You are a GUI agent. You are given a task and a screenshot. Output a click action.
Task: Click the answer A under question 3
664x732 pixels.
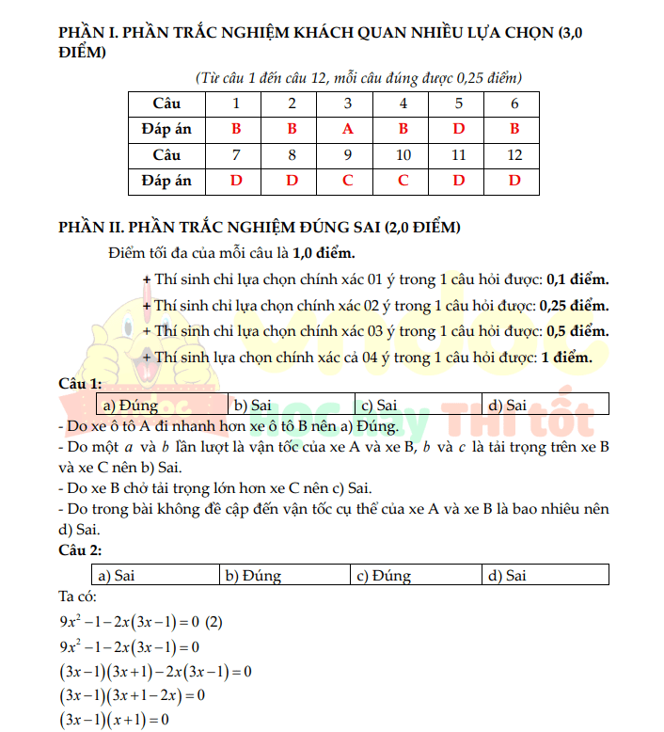click(347, 129)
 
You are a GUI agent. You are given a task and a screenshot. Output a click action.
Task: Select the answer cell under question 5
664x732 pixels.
click(459, 129)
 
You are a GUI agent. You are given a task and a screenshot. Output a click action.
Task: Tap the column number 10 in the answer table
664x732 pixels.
click(403, 154)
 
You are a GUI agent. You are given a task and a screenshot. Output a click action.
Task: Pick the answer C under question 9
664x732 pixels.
click(347, 180)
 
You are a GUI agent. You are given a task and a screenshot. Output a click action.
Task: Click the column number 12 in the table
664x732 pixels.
click(514, 154)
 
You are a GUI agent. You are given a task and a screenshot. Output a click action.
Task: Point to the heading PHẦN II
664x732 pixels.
click(258, 228)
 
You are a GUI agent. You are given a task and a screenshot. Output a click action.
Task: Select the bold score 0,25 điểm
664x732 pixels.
click(574, 306)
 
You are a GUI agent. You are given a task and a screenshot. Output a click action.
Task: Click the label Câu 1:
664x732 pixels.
click(80, 384)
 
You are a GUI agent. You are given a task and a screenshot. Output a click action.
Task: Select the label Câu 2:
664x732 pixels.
click(80, 549)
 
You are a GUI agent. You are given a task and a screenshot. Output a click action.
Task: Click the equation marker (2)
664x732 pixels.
click(213, 623)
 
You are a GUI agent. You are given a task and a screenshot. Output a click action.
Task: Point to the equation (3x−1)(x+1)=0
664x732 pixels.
click(113, 721)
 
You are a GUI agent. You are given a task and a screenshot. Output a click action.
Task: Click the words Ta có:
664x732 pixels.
click(77, 597)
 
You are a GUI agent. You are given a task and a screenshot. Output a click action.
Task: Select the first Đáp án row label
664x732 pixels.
click(166, 129)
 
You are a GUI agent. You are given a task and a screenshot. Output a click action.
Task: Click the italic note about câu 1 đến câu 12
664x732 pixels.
click(357, 77)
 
